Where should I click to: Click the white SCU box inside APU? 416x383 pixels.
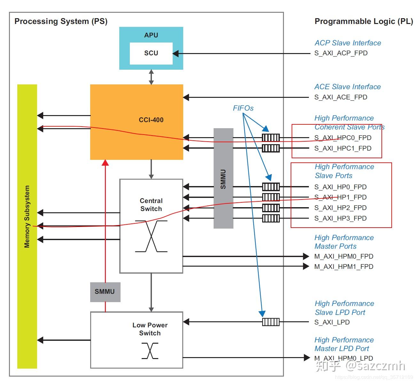[x=151, y=53]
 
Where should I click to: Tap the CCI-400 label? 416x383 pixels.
[x=151, y=120]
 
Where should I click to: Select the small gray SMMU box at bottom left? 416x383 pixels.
[x=105, y=292]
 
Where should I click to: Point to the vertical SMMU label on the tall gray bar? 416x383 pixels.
[x=223, y=179]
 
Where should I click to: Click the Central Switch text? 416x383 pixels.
[x=151, y=205]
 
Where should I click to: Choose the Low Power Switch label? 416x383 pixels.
[x=150, y=329]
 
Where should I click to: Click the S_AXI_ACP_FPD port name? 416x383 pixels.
[x=341, y=53]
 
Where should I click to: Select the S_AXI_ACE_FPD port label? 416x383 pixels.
[x=341, y=97]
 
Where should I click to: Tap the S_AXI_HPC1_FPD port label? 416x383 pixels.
[x=343, y=148]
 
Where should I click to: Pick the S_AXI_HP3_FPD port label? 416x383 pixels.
[x=340, y=218]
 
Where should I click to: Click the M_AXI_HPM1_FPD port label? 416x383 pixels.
[x=344, y=267]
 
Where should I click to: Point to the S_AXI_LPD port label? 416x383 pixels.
[x=332, y=322]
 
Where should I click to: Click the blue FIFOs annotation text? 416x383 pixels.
[x=243, y=108]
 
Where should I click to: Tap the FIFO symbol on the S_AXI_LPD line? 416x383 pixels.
[x=271, y=322]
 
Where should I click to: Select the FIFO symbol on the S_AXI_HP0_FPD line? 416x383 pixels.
[x=271, y=187]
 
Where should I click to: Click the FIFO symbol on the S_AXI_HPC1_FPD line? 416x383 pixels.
[x=271, y=148]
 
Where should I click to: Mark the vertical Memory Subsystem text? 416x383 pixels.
[x=27, y=216]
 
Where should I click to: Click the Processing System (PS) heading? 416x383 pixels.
[x=61, y=21]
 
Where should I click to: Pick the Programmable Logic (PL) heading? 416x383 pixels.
[x=364, y=21]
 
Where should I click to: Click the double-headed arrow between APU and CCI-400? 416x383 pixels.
[x=151, y=77]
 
